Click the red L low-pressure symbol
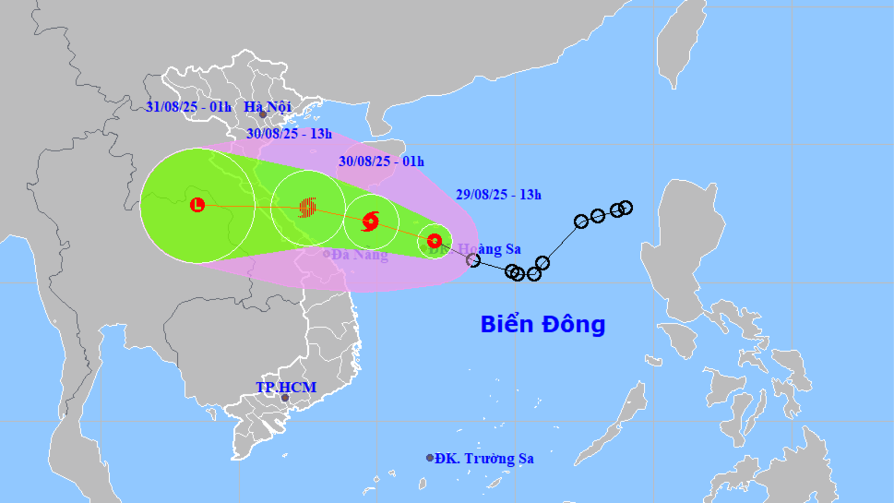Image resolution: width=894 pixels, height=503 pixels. (x=197, y=205)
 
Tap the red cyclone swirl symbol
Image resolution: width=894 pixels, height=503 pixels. (x=371, y=221)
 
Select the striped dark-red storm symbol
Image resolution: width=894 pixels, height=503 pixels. (x=308, y=207)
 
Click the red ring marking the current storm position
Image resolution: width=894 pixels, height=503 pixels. (x=434, y=241)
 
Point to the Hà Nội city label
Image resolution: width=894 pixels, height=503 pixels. (x=268, y=106)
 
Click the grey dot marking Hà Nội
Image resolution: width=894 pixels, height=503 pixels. (x=262, y=115)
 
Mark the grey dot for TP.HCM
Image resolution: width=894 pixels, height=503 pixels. (x=285, y=398)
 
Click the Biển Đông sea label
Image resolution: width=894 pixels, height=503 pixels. (x=542, y=324)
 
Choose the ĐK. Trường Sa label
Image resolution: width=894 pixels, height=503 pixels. (x=484, y=458)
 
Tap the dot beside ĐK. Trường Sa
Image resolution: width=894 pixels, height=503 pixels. (x=429, y=458)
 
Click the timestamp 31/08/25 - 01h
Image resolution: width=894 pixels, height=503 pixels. (x=188, y=106)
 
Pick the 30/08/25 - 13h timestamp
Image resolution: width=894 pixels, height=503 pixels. (x=289, y=133)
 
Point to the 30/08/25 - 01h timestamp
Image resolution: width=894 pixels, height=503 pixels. (x=381, y=161)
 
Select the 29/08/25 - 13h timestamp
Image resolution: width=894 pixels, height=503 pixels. (x=498, y=194)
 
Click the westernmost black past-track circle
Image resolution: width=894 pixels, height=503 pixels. (x=473, y=260)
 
